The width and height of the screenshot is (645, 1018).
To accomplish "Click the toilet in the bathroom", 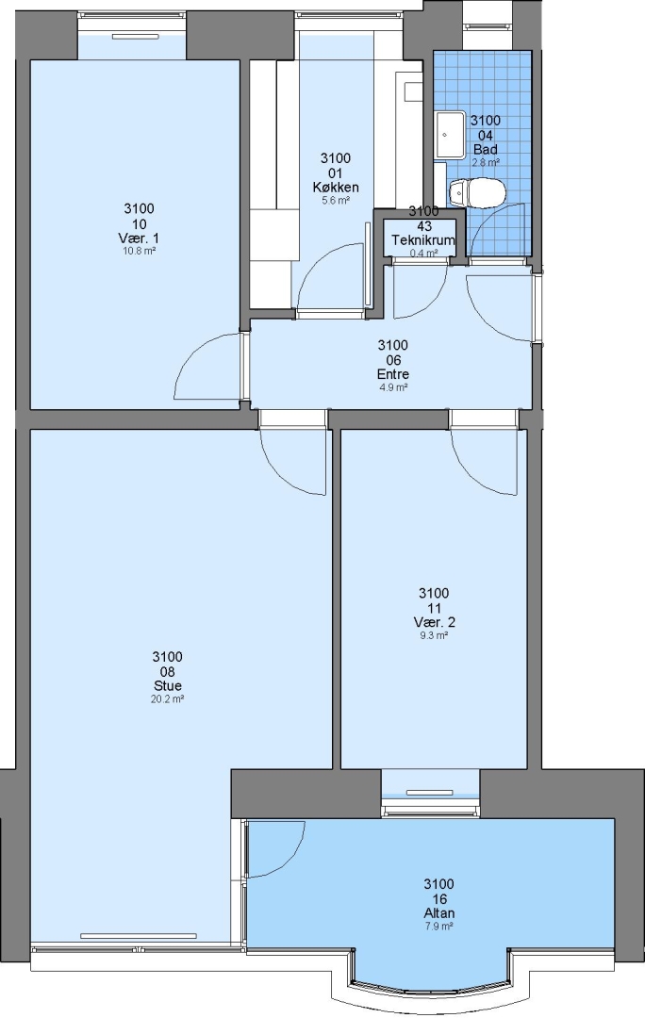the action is point(477,193).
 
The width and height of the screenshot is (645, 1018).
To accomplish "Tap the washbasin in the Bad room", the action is point(450,135).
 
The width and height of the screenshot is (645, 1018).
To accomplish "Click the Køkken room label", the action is point(335,188).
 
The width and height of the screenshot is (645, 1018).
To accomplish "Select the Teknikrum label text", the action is point(422,240).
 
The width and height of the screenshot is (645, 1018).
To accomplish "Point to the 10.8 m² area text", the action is point(139,250).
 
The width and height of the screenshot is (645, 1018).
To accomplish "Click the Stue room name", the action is point(168,685).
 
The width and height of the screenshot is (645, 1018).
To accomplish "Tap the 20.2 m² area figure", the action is point(168,699).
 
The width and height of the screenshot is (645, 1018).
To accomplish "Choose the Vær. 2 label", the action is point(434,622).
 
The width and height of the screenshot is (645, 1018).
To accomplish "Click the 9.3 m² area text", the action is point(434,635).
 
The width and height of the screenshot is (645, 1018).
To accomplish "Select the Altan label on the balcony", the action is point(439,912).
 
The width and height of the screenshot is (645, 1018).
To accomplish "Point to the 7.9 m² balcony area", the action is point(439,927).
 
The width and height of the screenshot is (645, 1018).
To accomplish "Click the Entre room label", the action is point(393,374).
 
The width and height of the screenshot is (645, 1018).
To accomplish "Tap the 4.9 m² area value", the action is point(393,387).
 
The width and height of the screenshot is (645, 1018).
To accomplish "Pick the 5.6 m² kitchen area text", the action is point(336,201).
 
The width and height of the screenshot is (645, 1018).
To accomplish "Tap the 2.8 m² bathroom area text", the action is point(486,163).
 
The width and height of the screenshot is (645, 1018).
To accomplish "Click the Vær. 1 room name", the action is point(139,238).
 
